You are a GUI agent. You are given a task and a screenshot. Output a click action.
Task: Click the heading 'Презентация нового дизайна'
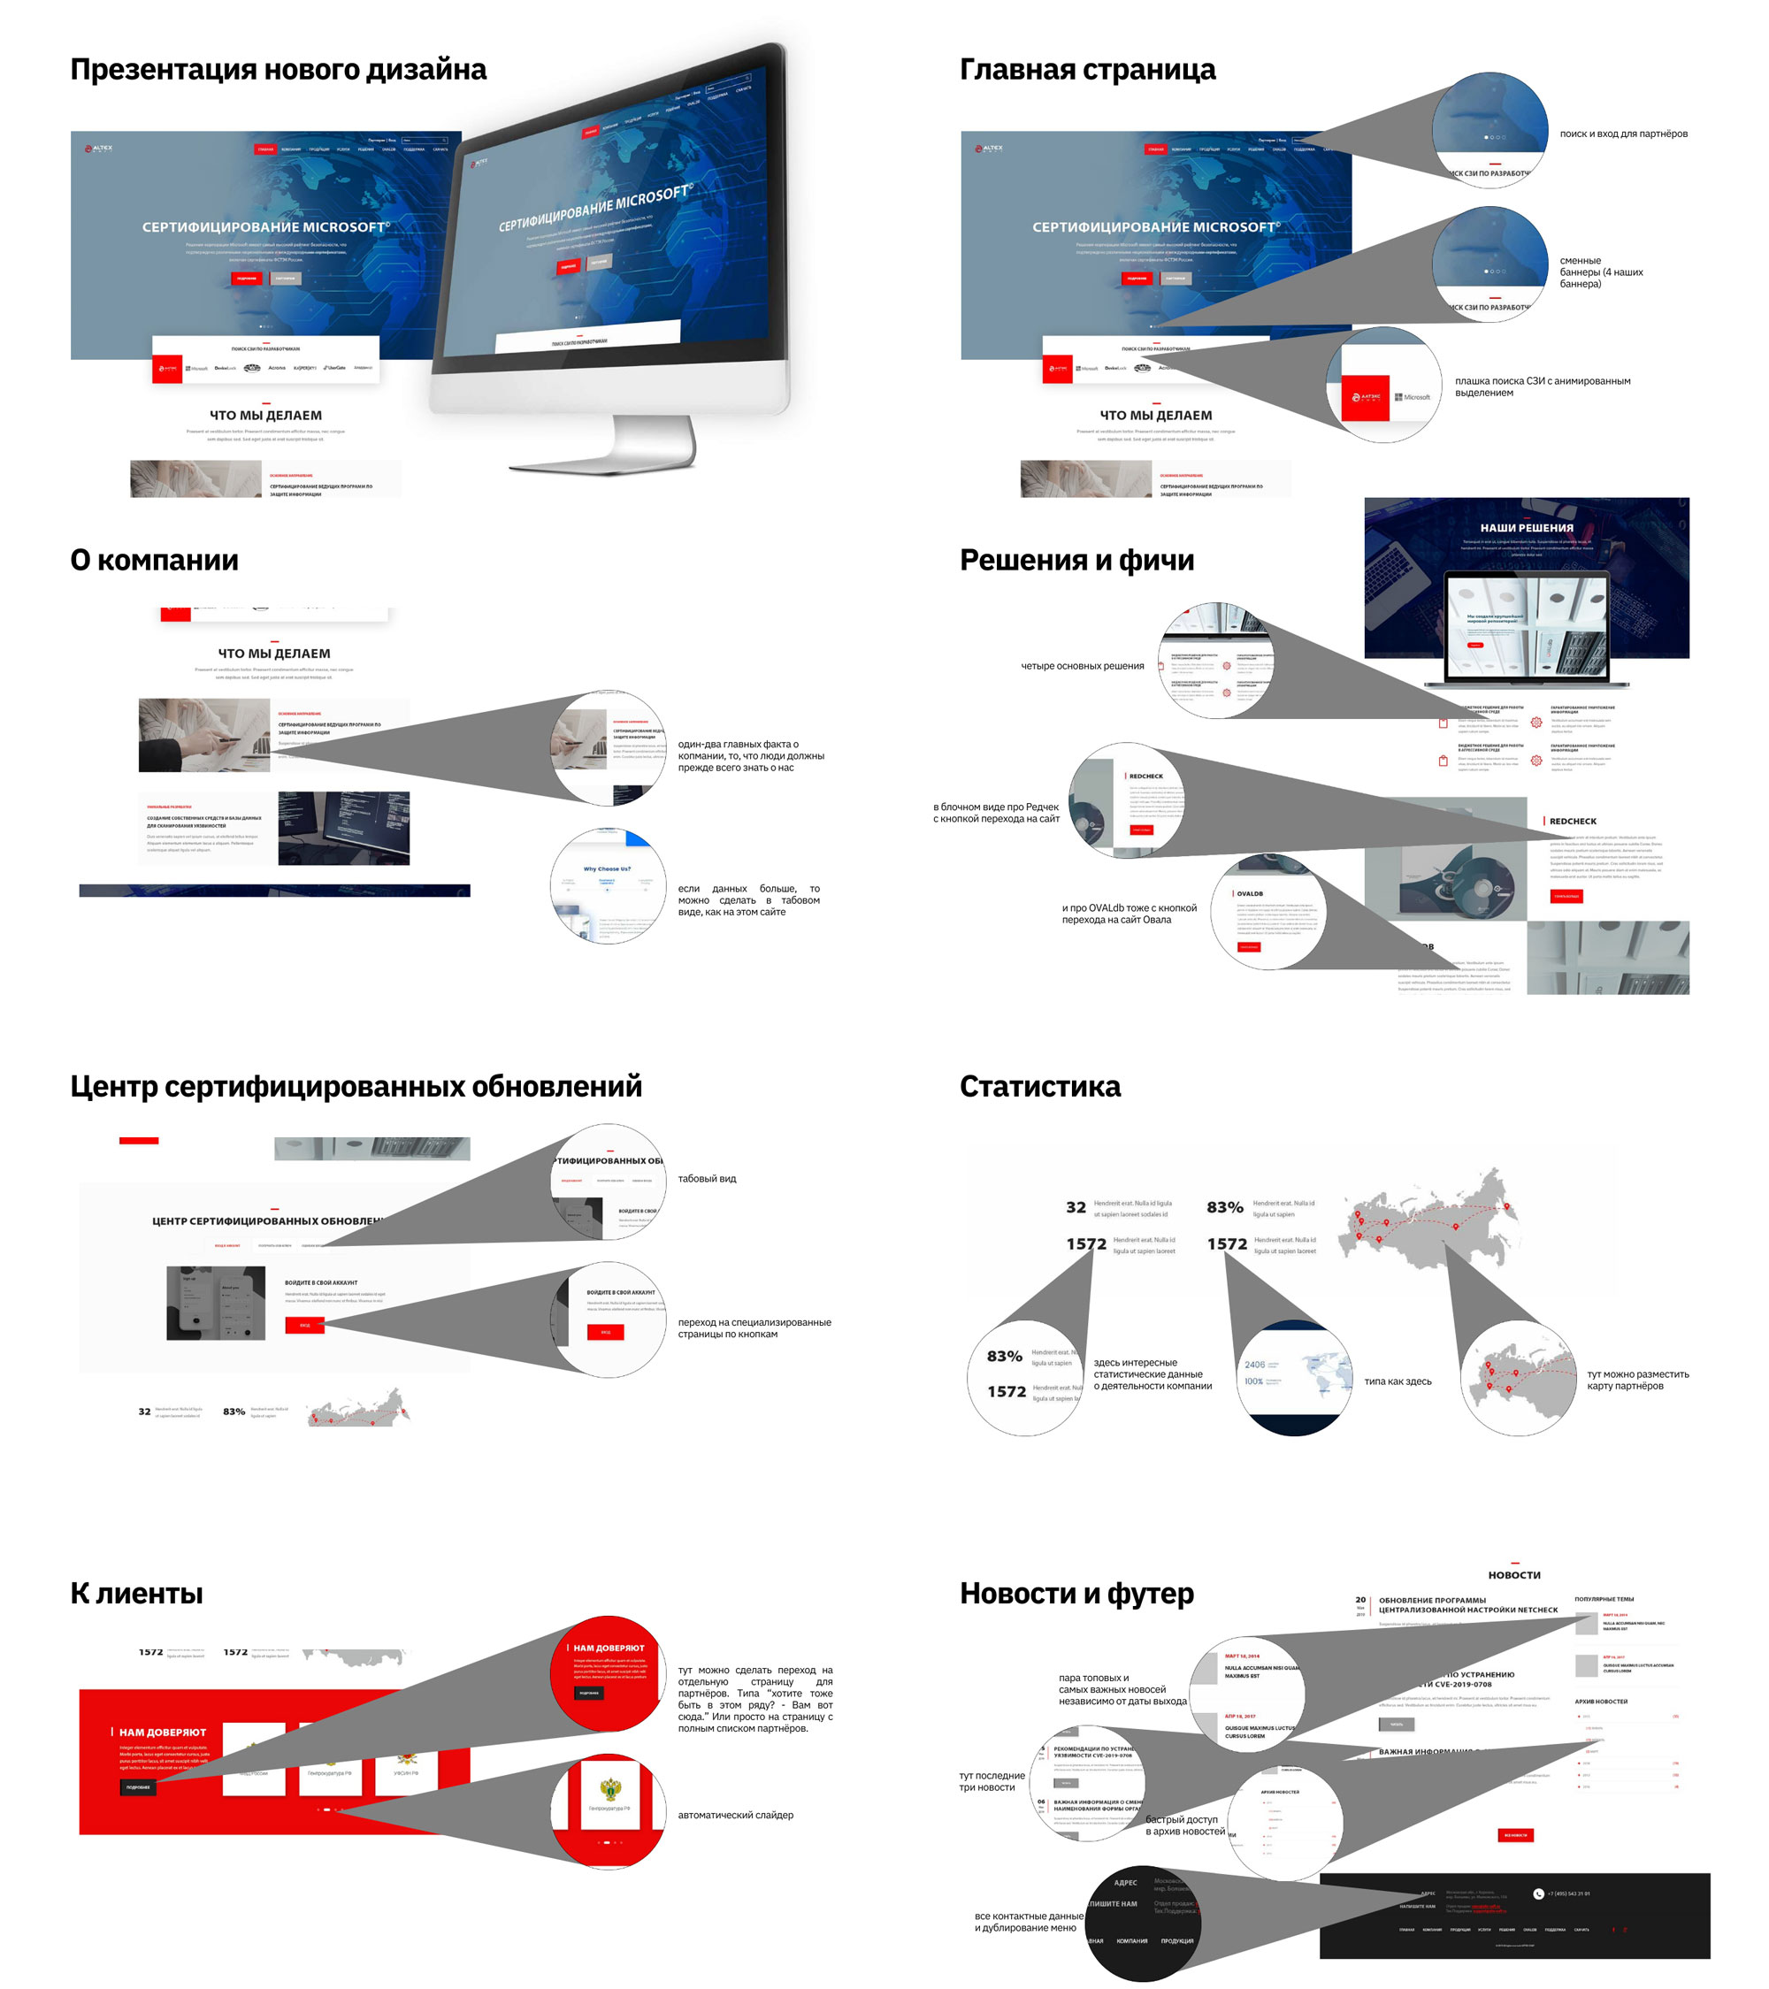(x=279, y=70)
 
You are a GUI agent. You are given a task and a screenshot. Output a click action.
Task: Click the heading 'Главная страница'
(x=1087, y=70)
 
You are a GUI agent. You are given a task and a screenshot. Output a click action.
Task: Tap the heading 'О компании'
(x=154, y=561)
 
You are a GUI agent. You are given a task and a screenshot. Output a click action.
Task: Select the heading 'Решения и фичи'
(x=1076, y=561)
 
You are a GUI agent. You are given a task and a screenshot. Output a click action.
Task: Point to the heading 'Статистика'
(x=1039, y=1086)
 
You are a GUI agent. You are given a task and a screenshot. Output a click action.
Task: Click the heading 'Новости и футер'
(x=1076, y=1593)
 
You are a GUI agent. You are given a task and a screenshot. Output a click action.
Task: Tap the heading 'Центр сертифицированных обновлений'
(x=356, y=1086)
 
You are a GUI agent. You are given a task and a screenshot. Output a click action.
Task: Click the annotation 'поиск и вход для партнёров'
(x=1623, y=134)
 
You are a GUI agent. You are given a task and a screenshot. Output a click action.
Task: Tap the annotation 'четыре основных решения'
(x=1082, y=667)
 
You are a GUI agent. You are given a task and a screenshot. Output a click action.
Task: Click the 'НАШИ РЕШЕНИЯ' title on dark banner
(x=1526, y=528)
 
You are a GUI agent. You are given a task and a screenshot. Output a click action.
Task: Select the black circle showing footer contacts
(x=1143, y=1924)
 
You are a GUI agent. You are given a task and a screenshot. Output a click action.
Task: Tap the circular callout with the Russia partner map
(x=1518, y=1378)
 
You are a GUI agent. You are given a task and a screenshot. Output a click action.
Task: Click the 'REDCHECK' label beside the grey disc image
(x=1573, y=822)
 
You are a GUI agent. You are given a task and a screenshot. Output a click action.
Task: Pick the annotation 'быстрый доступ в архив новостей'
(x=1184, y=1825)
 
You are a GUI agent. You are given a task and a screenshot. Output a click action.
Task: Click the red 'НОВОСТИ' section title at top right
(x=1514, y=1575)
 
